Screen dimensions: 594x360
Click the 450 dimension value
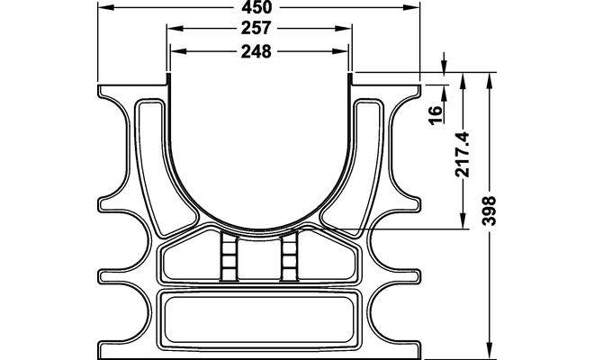257,7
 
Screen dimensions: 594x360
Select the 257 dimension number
256,28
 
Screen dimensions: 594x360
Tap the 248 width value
256,51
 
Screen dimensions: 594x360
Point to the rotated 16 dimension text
436,115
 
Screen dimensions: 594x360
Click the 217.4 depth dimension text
463,154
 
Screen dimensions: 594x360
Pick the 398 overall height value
489,211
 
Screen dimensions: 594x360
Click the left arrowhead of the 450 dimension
105,7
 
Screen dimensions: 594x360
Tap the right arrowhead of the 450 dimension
412,7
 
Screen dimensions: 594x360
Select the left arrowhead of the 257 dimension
175,29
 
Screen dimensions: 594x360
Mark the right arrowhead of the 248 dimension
340,51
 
